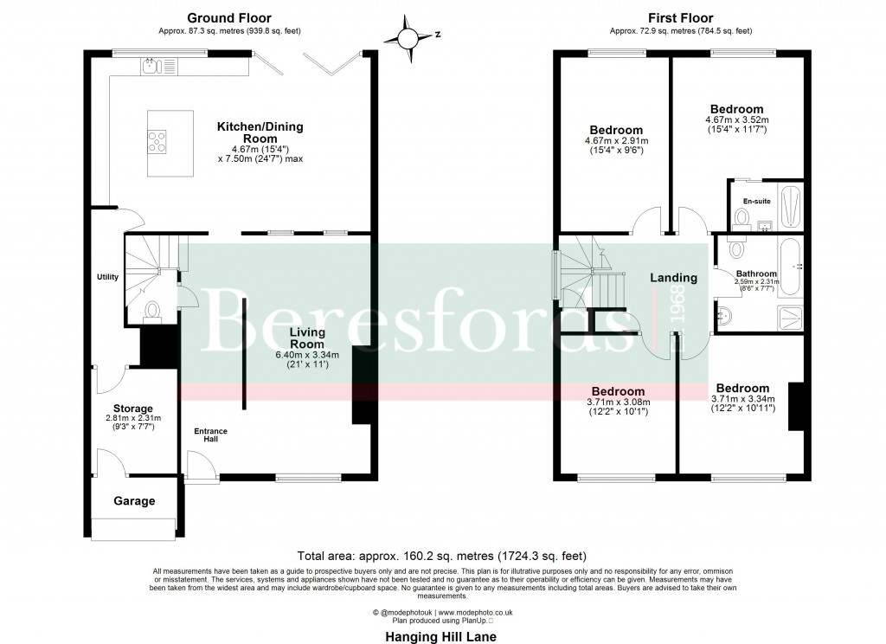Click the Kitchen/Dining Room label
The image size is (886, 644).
click(260, 132)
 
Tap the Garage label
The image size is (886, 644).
click(134, 501)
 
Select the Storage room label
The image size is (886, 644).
click(133, 409)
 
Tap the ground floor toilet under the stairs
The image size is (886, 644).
click(152, 309)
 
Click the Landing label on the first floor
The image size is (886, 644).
click(673, 278)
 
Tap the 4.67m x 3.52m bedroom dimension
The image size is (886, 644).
click(736, 119)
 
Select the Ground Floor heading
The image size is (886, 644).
click(228, 17)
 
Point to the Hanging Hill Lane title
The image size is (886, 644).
click(442, 635)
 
